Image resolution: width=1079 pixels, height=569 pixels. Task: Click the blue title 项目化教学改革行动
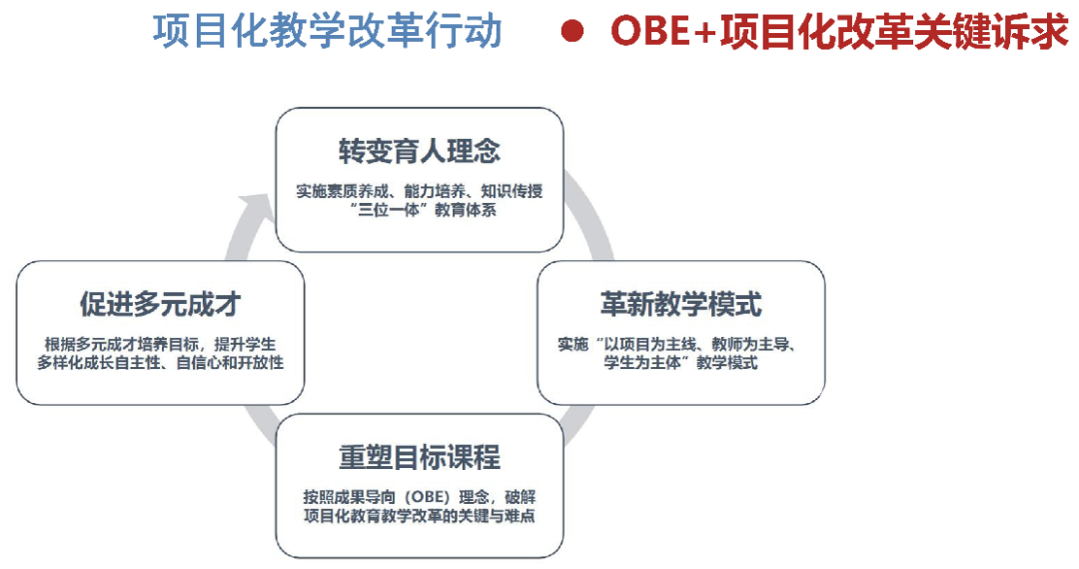tap(328, 31)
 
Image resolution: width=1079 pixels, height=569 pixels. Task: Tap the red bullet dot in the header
tap(572, 31)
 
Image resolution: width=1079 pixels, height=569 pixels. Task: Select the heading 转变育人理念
tap(419, 152)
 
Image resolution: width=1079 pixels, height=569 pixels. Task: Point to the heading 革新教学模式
tap(680, 304)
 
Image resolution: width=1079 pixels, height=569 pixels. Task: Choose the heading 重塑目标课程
tap(419, 457)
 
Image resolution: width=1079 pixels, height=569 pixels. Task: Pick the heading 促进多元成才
tap(160, 304)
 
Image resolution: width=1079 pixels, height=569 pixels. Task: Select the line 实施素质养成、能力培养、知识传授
tap(419, 191)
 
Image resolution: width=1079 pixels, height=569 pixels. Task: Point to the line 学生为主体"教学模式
tap(680, 362)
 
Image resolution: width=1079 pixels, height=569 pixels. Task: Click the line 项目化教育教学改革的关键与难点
tap(419, 515)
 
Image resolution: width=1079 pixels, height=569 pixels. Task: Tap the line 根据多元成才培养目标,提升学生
tap(160, 344)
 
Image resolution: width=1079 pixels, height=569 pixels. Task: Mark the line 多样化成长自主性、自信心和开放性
tap(160, 362)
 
